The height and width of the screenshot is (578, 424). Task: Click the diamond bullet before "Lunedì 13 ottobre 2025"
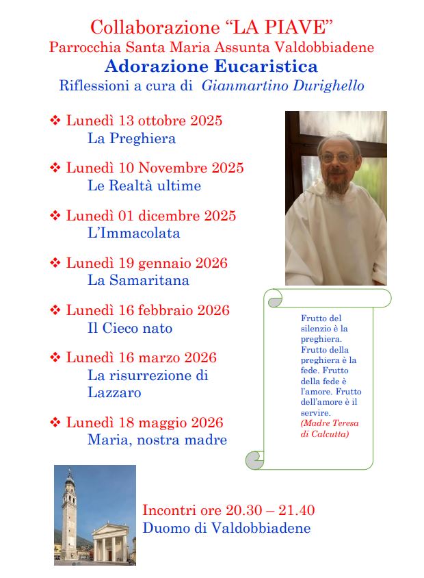(x=55, y=121)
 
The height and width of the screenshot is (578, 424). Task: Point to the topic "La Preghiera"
(x=131, y=138)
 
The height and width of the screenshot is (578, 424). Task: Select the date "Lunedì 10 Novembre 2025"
(x=155, y=168)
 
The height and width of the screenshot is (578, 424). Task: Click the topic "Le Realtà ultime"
(x=144, y=186)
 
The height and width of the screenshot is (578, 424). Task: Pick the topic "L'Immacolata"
(x=134, y=233)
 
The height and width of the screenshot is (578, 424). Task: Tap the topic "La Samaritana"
(x=138, y=280)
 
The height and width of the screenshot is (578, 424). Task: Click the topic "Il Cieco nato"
(x=130, y=328)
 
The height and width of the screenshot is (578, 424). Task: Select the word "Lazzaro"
(x=114, y=392)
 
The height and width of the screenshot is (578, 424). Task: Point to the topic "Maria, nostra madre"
(x=157, y=440)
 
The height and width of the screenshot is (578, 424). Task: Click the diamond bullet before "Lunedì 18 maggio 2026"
(x=55, y=423)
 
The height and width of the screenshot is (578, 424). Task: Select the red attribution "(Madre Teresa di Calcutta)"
(x=330, y=428)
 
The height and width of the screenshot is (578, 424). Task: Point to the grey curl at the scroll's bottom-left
(x=255, y=460)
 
